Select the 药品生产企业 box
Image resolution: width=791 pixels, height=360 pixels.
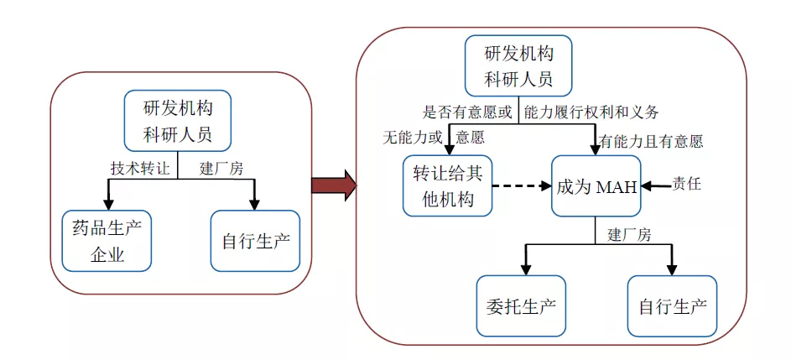coord(107,241)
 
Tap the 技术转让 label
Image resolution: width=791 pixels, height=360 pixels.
coord(139,168)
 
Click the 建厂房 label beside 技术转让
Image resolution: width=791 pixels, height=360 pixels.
coord(221,168)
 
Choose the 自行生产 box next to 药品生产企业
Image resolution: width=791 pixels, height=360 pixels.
coord(255,241)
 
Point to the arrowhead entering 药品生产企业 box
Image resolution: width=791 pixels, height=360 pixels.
coord(107,204)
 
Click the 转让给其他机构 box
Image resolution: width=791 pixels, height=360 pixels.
coord(448,185)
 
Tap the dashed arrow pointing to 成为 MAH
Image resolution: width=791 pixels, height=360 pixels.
coord(520,185)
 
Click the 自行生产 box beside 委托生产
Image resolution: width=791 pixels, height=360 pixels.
coord(673,305)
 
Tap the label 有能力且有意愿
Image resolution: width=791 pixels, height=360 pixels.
coord(651,142)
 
